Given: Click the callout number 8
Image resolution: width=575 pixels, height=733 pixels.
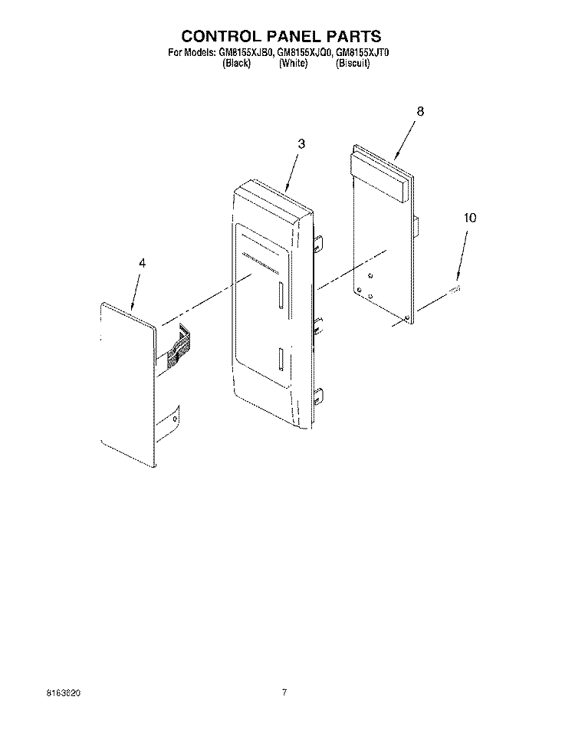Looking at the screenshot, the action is coord(420,111).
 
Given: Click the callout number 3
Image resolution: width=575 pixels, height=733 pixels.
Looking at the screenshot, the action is coord(301,144).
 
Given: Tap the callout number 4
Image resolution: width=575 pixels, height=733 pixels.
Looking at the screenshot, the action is coord(142,264).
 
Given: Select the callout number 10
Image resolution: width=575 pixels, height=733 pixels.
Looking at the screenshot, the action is coord(470,218).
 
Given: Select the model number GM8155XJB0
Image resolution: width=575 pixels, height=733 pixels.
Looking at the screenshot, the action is coord(245,53).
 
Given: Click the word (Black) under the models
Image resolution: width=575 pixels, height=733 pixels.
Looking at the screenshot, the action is coord(237,64).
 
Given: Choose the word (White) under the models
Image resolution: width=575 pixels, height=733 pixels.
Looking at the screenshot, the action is coord(293,64).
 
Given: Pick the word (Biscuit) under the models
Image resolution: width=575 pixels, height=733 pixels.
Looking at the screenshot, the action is coord(353,64).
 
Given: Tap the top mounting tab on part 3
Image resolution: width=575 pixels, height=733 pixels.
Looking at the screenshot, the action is coord(318,242).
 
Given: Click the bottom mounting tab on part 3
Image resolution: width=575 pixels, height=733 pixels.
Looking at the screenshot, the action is coord(318,396).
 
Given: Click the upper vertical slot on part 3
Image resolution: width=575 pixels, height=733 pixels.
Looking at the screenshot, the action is coord(280,295).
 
